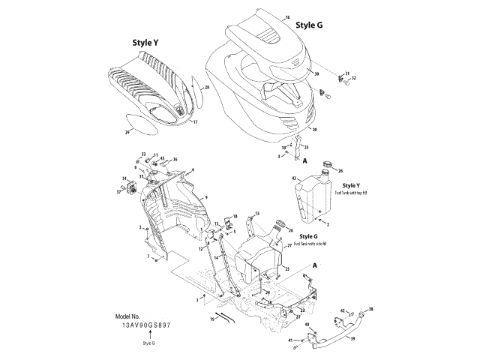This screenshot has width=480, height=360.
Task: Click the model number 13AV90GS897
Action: click(x=147, y=325)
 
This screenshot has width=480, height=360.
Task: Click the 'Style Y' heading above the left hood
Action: click(x=145, y=43)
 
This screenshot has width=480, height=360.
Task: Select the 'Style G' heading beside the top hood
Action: click(x=310, y=25)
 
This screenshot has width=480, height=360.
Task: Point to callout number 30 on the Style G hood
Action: click(x=317, y=74)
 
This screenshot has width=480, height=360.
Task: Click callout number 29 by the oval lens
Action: click(x=127, y=132)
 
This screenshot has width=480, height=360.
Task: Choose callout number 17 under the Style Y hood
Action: click(x=195, y=122)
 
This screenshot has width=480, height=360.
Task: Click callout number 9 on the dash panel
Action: click(x=205, y=196)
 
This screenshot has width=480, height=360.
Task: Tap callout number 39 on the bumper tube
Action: click(x=353, y=338)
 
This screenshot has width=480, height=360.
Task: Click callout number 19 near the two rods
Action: click(x=212, y=319)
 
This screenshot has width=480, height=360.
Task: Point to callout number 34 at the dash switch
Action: click(x=124, y=178)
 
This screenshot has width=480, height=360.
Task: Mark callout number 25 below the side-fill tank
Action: click(x=286, y=268)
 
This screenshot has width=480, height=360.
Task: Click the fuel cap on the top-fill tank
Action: click(x=327, y=163)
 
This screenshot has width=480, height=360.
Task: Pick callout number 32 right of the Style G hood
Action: click(x=354, y=78)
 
